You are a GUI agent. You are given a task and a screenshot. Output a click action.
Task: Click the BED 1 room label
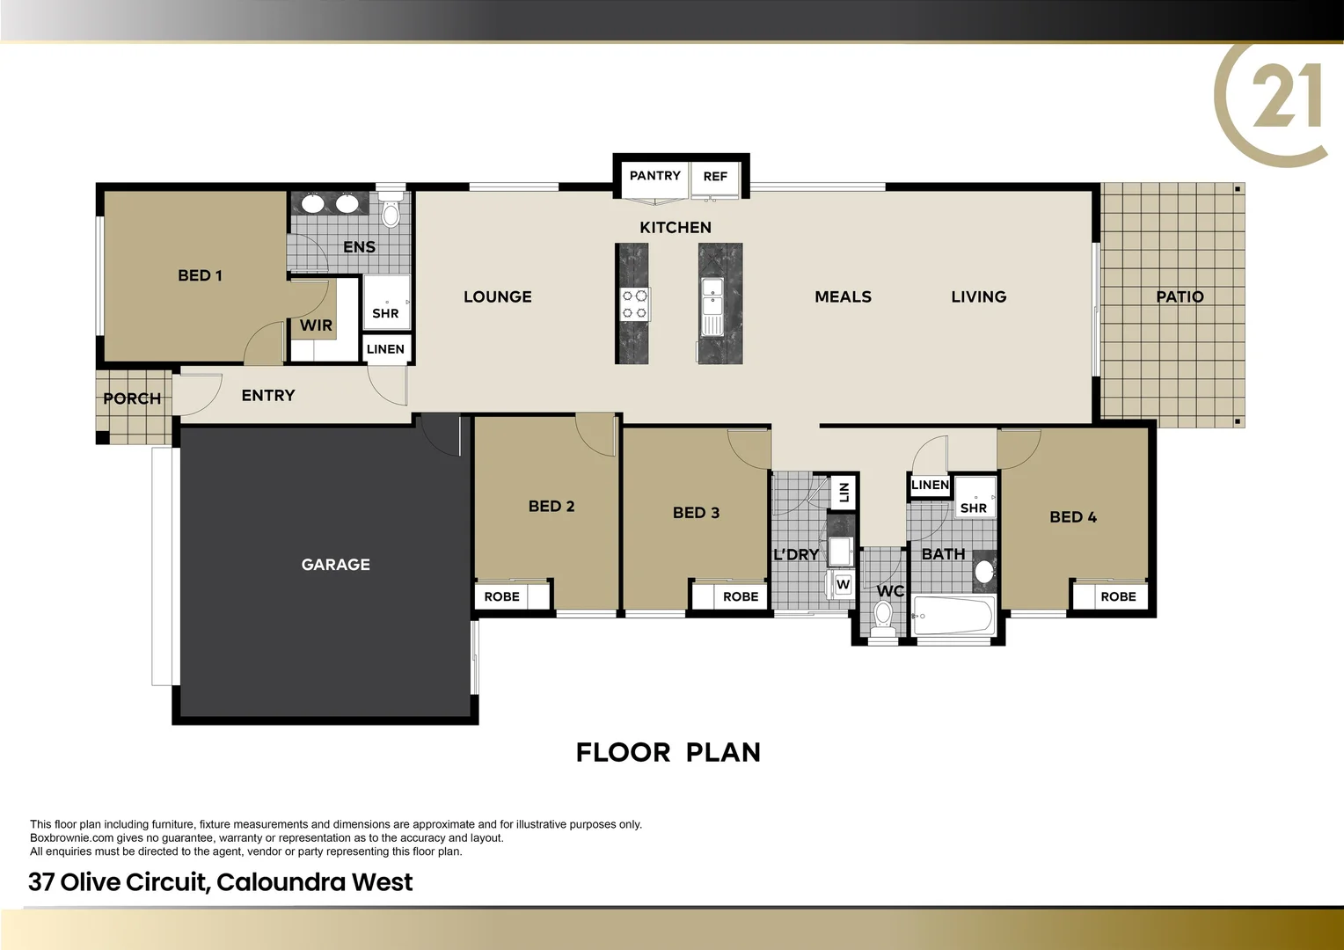200,275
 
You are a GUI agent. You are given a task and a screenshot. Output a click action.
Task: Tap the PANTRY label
654,176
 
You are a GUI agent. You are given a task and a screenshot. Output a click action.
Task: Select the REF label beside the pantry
715,177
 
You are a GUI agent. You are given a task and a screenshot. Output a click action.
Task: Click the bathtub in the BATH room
953,616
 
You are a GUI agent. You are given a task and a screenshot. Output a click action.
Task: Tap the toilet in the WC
883,615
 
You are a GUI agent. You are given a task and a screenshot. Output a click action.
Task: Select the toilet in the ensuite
391,212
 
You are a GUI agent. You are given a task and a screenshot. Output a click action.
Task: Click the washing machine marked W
843,584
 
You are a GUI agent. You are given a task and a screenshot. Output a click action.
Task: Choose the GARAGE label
335,565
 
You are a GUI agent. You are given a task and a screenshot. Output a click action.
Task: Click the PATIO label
1179,297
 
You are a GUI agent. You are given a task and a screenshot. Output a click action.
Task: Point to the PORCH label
132,398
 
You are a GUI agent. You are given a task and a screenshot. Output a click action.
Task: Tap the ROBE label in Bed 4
1118,596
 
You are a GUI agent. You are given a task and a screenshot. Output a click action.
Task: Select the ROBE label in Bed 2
501,596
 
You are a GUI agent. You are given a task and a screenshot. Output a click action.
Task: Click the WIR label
316,325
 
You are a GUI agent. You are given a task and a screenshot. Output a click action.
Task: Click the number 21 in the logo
1286,97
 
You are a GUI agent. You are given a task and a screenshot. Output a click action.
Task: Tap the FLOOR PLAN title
668,753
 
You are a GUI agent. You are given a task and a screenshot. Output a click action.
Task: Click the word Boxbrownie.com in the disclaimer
72,838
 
